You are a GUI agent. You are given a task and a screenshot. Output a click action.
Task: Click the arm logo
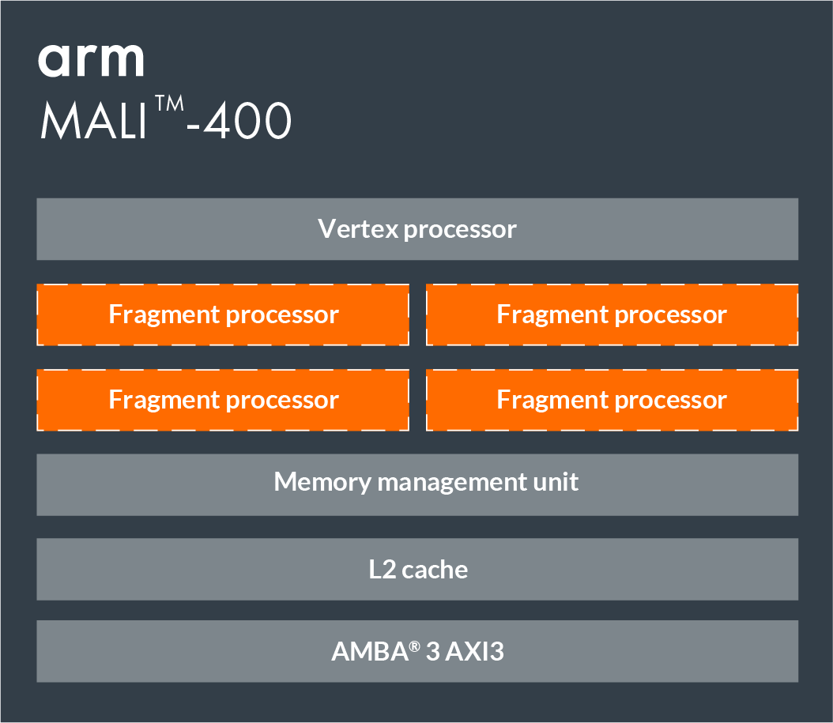[x=91, y=59]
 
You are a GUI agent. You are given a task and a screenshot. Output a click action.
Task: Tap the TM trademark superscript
[x=168, y=107]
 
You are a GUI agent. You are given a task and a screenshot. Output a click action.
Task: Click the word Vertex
[x=357, y=229]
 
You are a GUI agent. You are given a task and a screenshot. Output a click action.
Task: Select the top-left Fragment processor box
[x=223, y=314]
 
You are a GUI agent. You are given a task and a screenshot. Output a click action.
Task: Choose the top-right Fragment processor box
[x=612, y=314]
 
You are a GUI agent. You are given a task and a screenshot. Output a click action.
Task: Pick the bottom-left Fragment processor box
[x=223, y=400]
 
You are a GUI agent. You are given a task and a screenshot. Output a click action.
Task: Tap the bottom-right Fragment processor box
[x=612, y=400]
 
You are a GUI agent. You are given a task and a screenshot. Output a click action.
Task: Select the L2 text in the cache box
[x=383, y=569]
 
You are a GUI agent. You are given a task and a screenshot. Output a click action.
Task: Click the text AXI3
[x=474, y=652]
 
